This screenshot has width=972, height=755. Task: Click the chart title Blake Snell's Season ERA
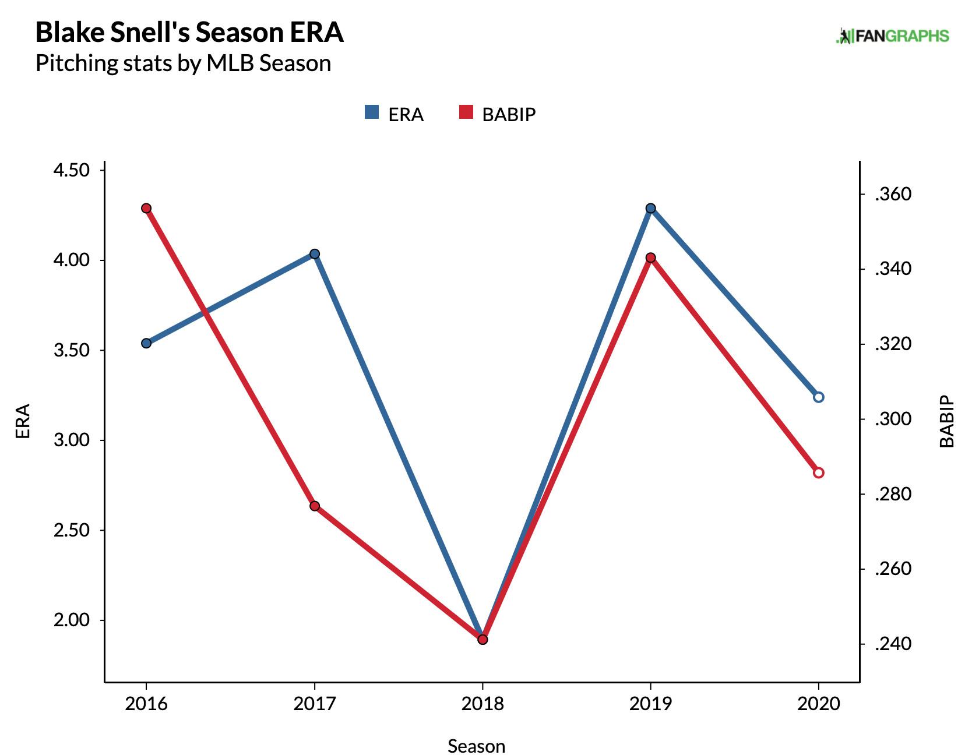(x=189, y=33)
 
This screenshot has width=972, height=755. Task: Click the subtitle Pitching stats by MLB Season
(x=183, y=63)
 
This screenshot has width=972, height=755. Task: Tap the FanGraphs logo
(x=892, y=36)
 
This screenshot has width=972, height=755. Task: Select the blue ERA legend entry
(x=394, y=114)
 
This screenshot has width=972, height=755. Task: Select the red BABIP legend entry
(x=497, y=114)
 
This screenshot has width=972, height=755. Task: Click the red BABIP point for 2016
(x=146, y=209)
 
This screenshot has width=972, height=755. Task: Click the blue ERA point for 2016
(x=146, y=343)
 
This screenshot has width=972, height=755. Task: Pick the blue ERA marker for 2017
(x=315, y=254)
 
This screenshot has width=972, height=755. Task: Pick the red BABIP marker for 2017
(x=315, y=506)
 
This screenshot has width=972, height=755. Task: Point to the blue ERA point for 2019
(x=651, y=209)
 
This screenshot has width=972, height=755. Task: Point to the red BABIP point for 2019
(x=651, y=257)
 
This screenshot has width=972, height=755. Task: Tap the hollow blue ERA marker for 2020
(x=818, y=397)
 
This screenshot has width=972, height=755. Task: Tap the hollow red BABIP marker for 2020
(x=818, y=472)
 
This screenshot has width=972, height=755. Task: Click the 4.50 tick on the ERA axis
(x=72, y=170)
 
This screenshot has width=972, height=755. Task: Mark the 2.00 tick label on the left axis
(x=72, y=620)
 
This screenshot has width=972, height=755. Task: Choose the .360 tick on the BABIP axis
(x=893, y=194)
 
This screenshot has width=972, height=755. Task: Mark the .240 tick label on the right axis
(x=893, y=644)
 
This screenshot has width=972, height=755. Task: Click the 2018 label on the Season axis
(x=483, y=704)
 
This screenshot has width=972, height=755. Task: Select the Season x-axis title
(x=476, y=746)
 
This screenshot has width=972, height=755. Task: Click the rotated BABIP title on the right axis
(x=947, y=421)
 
